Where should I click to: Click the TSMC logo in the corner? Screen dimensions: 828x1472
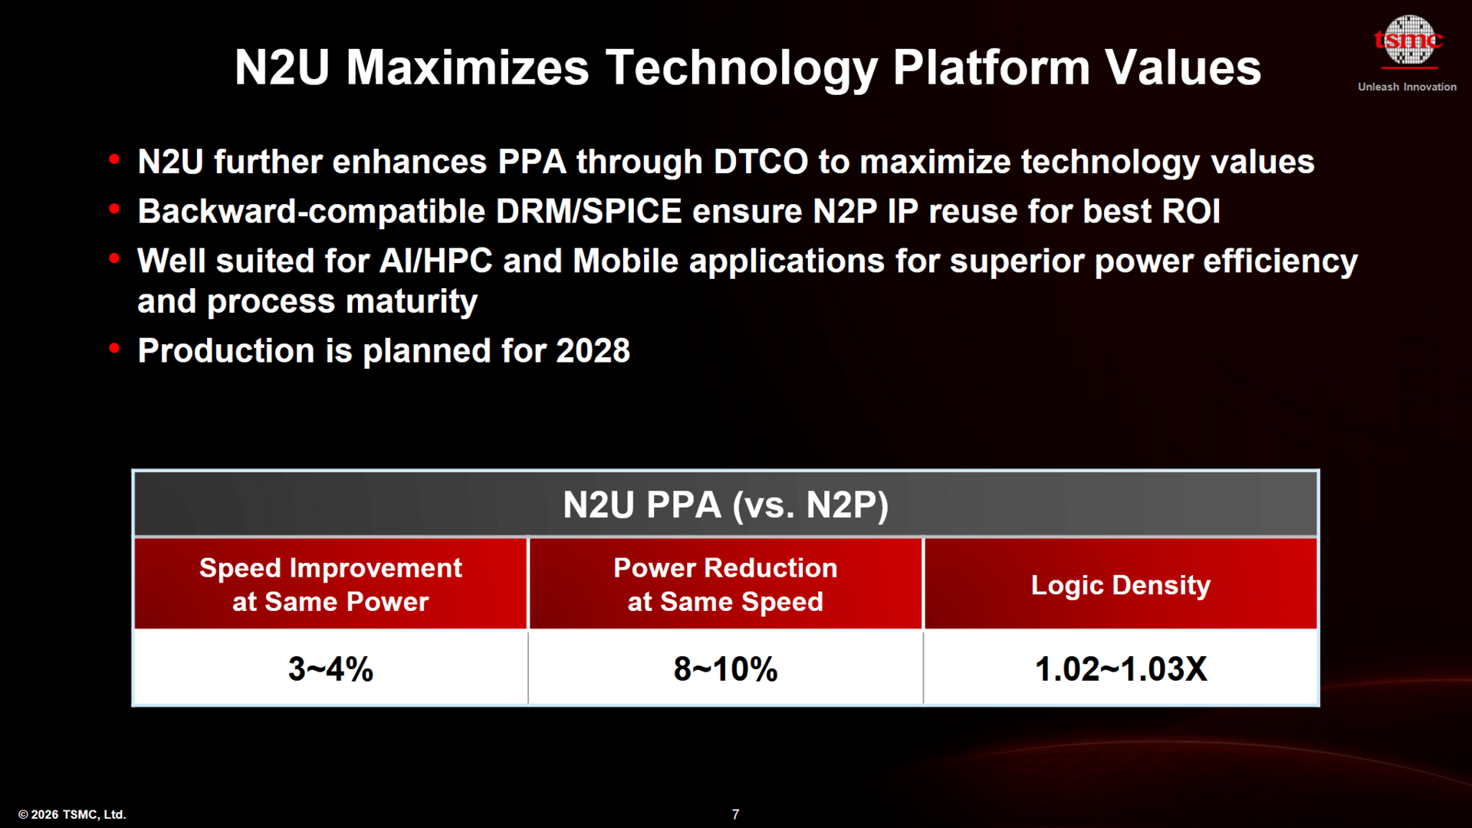pos(1408,41)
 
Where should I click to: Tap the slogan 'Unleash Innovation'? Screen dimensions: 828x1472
pos(1407,87)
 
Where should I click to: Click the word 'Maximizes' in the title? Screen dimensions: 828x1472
pos(468,67)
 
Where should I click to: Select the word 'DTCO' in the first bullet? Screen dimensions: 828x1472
pos(761,163)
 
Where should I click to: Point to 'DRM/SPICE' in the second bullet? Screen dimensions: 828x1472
pos(589,212)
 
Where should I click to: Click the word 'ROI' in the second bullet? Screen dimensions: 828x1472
pos(1191,212)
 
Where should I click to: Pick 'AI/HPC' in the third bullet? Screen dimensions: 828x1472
pos(436,261)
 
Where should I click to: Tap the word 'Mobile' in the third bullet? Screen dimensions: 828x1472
pos(626,261)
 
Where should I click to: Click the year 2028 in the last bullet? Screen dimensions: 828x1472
pos(593,351)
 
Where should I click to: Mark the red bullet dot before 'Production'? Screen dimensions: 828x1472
pos(115,349)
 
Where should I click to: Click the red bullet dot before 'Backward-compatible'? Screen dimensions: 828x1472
pos(115,209)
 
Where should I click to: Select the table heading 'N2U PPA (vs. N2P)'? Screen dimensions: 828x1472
pos(725,504)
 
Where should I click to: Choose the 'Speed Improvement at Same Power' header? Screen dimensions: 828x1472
pos(330,584)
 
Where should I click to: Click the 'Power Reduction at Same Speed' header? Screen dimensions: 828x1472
pos(725,584)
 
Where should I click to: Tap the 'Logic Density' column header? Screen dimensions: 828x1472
pos(1120,585)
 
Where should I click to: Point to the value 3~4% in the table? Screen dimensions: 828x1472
pos(330,669)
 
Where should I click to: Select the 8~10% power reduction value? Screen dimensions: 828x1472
pos(725,669)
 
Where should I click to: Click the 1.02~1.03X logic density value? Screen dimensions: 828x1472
pos(1120,669)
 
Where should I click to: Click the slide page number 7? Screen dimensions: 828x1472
pos(735,814)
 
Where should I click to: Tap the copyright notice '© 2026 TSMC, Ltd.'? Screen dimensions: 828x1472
pos(72,814)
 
